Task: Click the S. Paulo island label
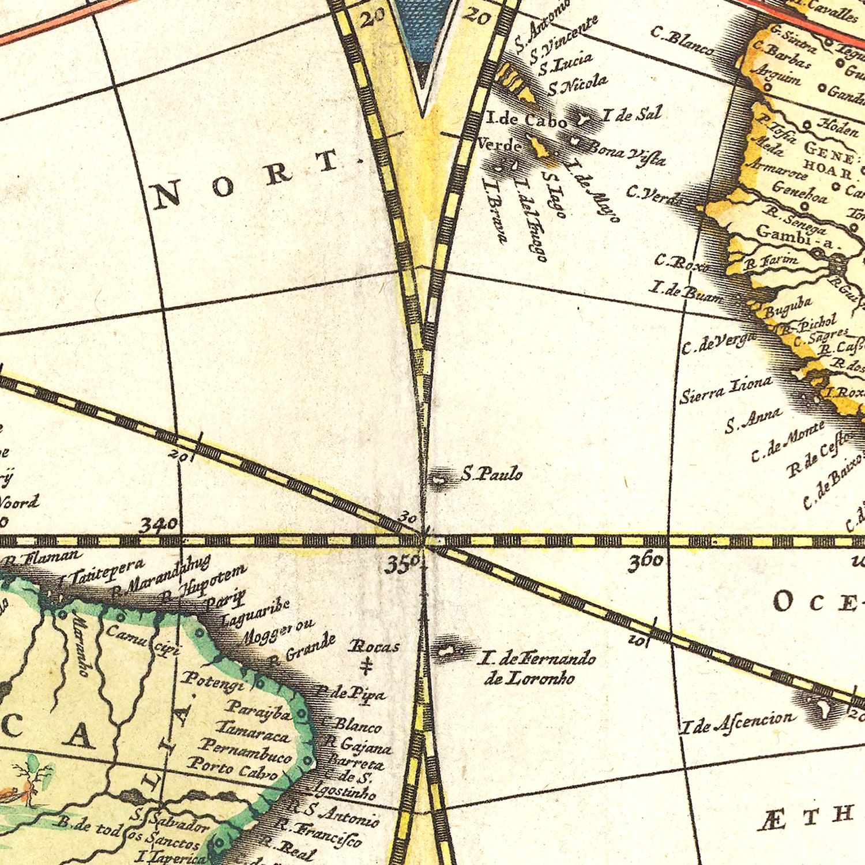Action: coord(492,475)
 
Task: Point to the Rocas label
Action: coord(374,646)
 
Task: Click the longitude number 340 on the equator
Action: coord(159,525)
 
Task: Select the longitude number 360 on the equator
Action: coord(645,562)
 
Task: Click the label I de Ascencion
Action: coord(737,721)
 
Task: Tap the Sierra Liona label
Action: coord(725,390)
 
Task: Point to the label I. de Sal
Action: coord(631,115)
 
